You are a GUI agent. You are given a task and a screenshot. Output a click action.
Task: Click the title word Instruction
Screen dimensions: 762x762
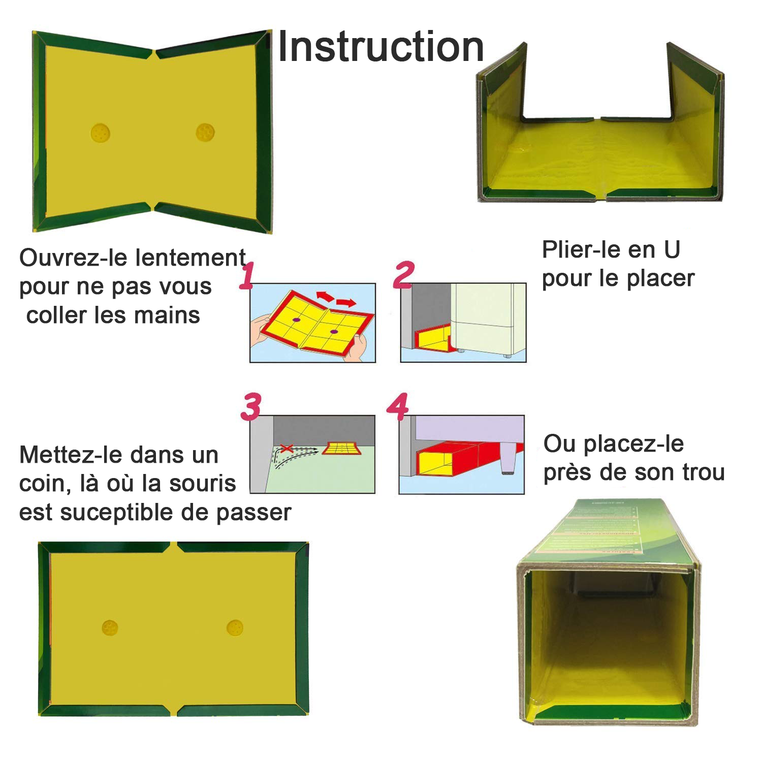[x=380, y=47]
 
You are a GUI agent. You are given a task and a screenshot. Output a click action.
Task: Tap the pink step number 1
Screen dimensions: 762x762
[x=247, y=276]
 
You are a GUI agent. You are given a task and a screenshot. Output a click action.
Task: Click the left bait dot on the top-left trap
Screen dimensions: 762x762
[x=100, y=133]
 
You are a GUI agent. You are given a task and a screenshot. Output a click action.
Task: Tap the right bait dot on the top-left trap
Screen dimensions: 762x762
[x=205, y=133]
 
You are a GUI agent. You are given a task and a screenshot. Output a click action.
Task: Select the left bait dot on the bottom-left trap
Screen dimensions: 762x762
[x=110, y=628]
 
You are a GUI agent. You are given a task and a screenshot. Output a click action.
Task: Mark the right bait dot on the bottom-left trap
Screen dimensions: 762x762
[x=235, y=627]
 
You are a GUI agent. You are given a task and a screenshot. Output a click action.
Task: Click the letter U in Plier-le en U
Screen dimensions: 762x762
[x=671, y=250]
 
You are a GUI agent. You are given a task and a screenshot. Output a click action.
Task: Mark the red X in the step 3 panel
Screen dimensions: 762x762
[x=287, y=449]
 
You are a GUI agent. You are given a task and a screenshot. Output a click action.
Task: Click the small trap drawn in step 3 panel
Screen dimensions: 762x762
[x=341, y=448]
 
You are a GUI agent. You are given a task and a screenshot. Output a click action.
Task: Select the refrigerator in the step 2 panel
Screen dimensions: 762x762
[x=488, y=317]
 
